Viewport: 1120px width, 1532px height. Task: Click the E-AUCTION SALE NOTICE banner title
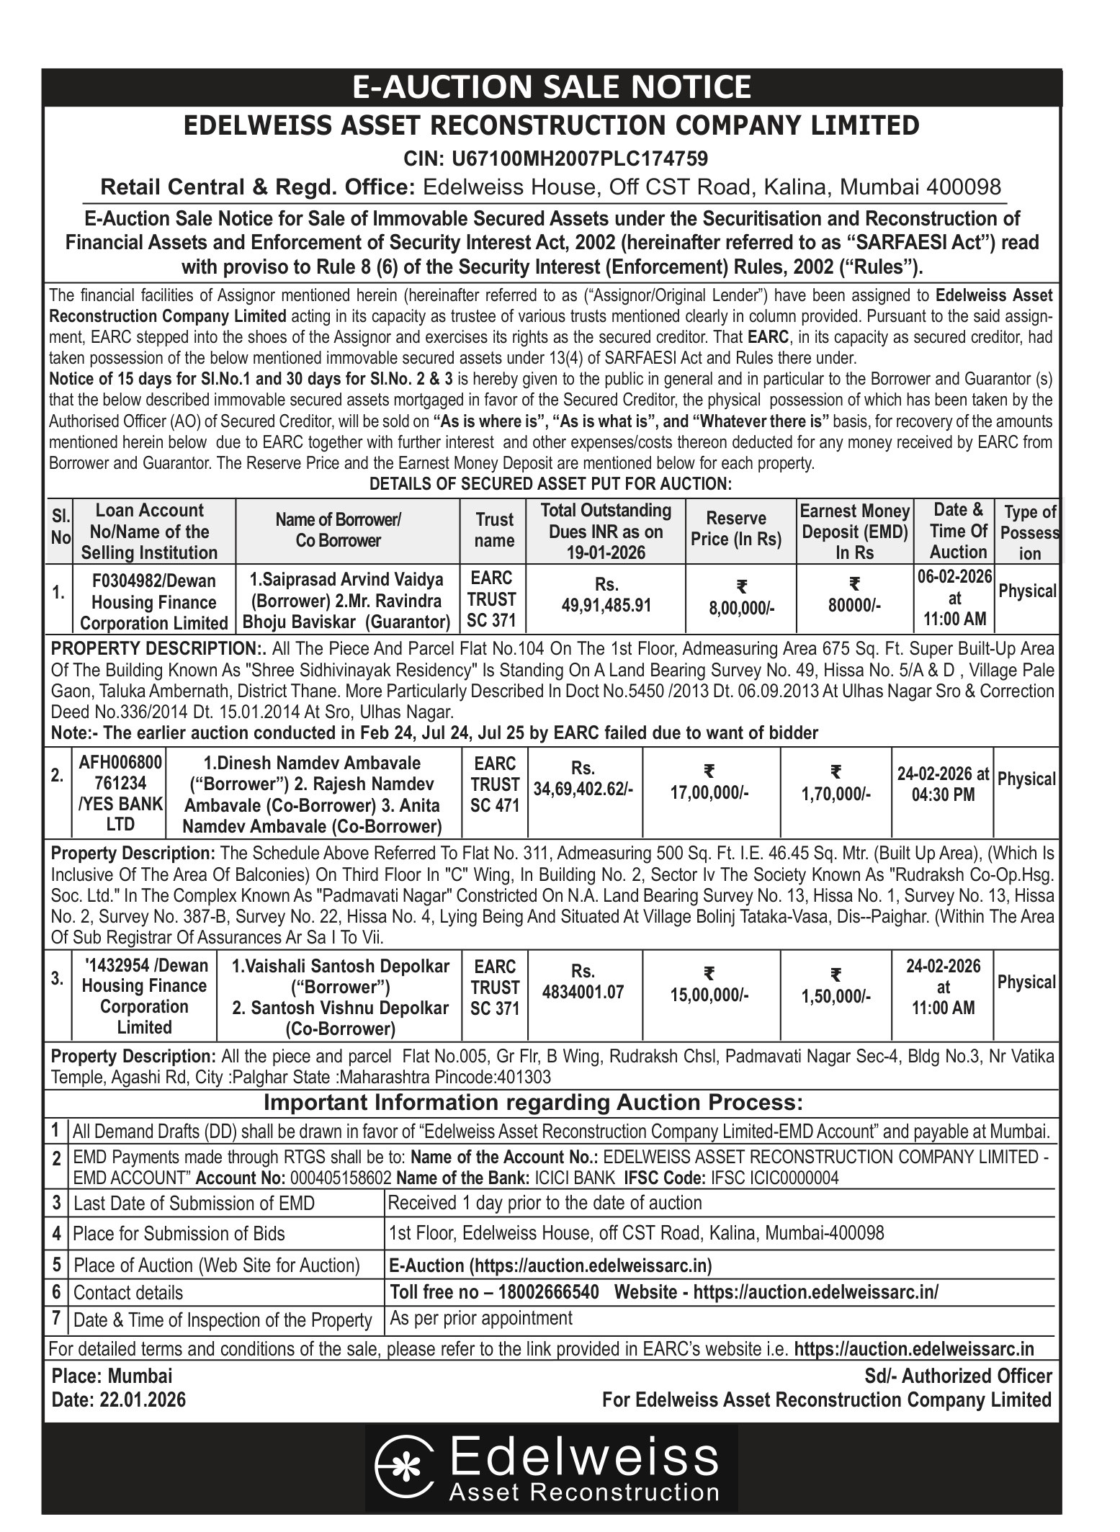coord(551,88)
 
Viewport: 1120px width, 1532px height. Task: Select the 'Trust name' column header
coord(494,530)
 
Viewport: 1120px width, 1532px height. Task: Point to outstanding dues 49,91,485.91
coord(606,606)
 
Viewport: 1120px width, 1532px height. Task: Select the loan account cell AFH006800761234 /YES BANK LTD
coord(120,793)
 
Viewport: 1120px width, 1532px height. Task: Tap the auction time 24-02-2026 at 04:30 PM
coord(943,784)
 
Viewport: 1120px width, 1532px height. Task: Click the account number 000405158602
coord(340,1178)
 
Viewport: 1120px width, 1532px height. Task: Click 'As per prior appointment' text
coord(480,1319)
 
